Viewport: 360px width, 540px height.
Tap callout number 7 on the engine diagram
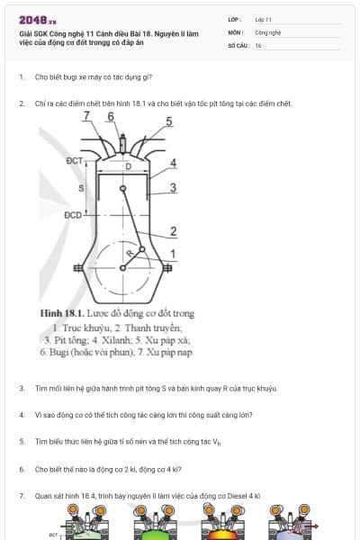(87, 116)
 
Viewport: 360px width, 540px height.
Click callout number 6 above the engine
(110, 116)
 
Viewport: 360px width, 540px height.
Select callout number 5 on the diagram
(169, 121)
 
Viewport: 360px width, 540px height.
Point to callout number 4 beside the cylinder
(173, 163)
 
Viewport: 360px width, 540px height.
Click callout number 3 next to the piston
(173, 187)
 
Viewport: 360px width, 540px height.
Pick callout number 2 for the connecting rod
(173, 231)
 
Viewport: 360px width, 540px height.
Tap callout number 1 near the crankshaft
(173, 253)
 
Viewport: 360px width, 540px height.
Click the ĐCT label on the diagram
(75, 160)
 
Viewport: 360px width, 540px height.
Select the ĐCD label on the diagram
(73, 215)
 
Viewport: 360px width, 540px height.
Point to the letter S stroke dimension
(80, 188)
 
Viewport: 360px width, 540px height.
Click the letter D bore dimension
(128, 166)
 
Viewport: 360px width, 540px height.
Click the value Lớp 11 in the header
(263, 18)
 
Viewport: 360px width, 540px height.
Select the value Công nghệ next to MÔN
(268, 31)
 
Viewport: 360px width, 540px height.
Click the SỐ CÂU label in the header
(238, 45)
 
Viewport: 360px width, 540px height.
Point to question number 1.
(21, 77)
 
